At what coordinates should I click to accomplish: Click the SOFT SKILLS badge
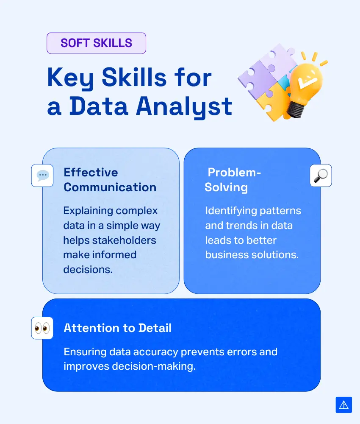pyautogui.click(x=97, y=43)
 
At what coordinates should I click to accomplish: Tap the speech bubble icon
pyautogui.click(x=42, y=176)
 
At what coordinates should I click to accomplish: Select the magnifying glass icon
pyautogui.click(x=321, y=176)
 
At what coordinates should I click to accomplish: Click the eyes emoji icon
pyautogui.click(x=42, y=328)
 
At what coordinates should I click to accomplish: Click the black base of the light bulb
pyautogui.click(x=295, y=109)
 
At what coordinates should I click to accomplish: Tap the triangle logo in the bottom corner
pyautogui.click(x=344, y=405)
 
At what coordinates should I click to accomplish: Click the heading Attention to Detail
pyautogui.click(x=117, y=328)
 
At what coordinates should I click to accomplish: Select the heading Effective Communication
pyautogui.click(x=110, y=180)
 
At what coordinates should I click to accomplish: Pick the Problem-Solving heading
pyautogui.click(x=233, y=180)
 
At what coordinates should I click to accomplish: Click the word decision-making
pyautogui.click(x=154, y=366)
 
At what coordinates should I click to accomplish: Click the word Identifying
pyautogui.click(x=228, y=211)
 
